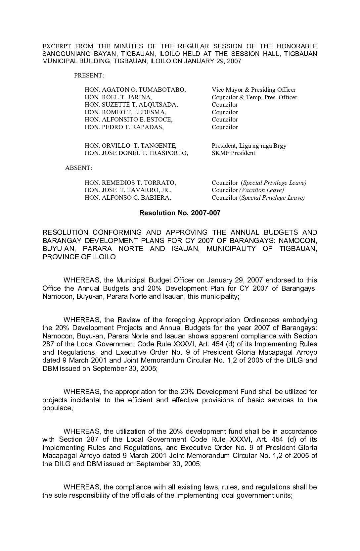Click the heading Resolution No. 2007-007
(180, 213)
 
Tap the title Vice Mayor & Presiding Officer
(253, 90)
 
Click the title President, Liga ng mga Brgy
(249, 146)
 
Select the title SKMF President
(233, 153)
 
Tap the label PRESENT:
(89, 75)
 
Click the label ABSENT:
(78, 168)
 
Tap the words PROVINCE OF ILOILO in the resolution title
(79, 257)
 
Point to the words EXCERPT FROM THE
(76, 46)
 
